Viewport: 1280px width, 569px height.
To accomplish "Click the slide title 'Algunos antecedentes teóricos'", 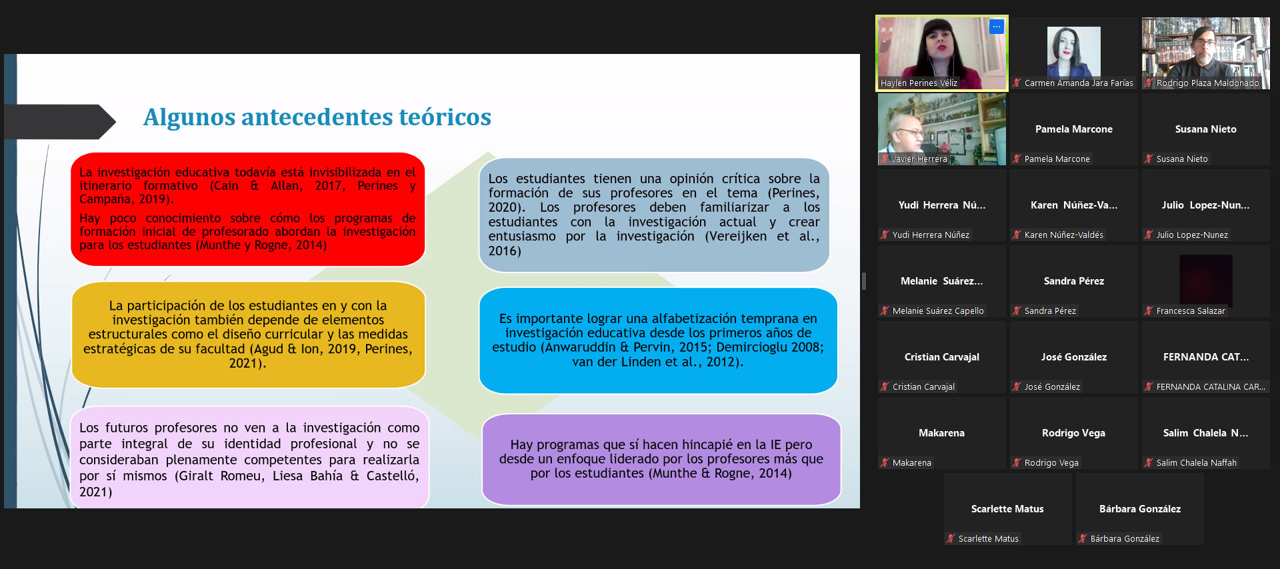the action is [x=317, y=117].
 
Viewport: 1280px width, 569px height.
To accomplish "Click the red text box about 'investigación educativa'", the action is [x=248, y=209].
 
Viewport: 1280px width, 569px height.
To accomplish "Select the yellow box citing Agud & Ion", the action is [x=248, y=334].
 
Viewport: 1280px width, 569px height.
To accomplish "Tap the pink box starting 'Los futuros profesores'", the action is [x=249, y=458].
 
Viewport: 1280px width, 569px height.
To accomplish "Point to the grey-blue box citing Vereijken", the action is [x=654, y=215].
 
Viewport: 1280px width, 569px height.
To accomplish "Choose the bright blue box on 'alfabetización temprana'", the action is [x=658, y=340].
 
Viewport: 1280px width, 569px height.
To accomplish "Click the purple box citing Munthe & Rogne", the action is [x=661, y=459].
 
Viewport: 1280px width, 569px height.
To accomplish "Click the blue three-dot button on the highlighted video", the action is [x=996, y=27].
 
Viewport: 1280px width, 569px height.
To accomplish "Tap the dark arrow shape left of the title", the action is [x=60, y=122].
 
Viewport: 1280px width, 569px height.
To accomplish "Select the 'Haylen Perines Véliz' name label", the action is [x=919, y=83].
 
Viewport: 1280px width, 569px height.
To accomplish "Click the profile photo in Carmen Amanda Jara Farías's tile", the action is [x=1073, y=52].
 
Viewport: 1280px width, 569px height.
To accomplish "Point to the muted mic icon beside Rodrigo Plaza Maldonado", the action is [x=1149, y=83].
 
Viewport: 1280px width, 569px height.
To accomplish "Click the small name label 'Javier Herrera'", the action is [x=919, y=159].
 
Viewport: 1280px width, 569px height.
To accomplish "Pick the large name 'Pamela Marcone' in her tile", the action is [x=1073, y=129].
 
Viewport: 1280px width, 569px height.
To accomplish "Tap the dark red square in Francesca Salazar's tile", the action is [x=1205, y=281].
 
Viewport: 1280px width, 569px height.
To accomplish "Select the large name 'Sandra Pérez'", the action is [x=1073, y=281].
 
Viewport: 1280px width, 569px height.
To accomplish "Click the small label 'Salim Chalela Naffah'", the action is [x=1196, y=463].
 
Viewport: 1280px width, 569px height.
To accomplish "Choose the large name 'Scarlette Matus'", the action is [x=1007, y=509].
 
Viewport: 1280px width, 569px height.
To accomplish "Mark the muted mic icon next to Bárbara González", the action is [x=1083, y=539].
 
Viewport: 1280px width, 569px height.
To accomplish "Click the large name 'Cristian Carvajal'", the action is [x=941, y=357].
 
